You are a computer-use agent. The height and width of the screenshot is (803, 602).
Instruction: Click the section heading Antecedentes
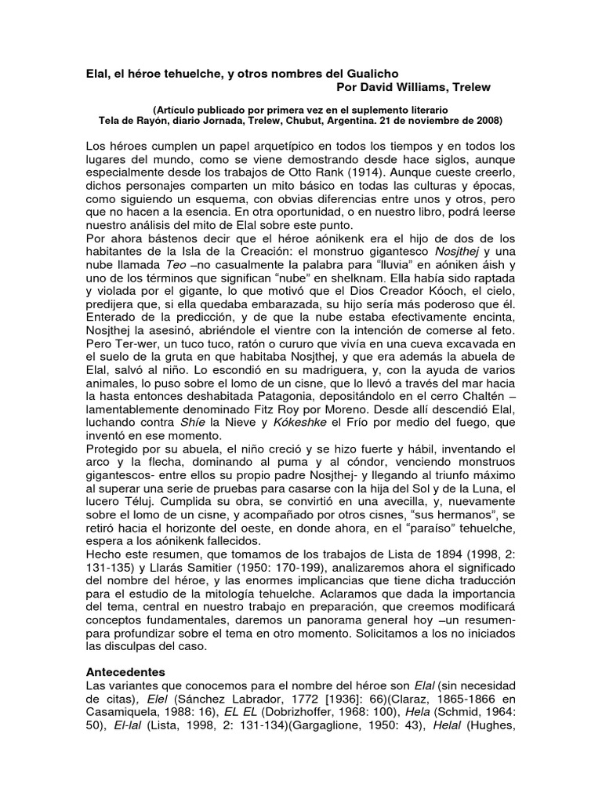pyautogui.click(x=126, y=673)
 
